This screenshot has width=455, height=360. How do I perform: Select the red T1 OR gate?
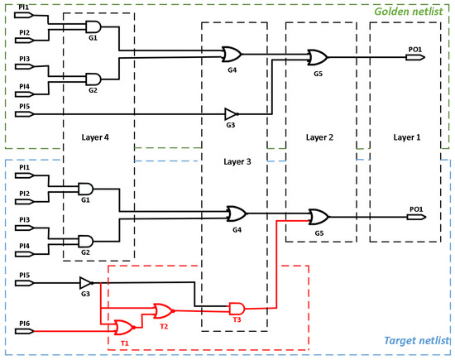coord(125,327)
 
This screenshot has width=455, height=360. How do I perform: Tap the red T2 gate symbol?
coord(163,311)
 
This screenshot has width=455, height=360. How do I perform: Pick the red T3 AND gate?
coord(237,308)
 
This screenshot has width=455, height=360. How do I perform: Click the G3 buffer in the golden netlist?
coord(231,113)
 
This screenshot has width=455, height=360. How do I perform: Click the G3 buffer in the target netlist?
coord(86,283)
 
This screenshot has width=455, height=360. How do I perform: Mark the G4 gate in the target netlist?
coord(236,213)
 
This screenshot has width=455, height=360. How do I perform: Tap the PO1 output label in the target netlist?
coord(415,209)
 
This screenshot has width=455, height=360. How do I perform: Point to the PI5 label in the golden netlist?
coord(25,106)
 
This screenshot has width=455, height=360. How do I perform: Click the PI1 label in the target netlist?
coord(25,168)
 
